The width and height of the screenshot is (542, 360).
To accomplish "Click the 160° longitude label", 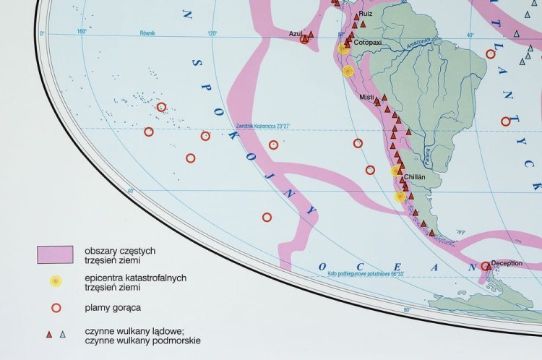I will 81,31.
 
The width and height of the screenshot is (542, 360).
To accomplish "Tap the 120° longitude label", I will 212,33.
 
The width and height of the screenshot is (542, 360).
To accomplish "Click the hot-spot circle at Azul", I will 304,40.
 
